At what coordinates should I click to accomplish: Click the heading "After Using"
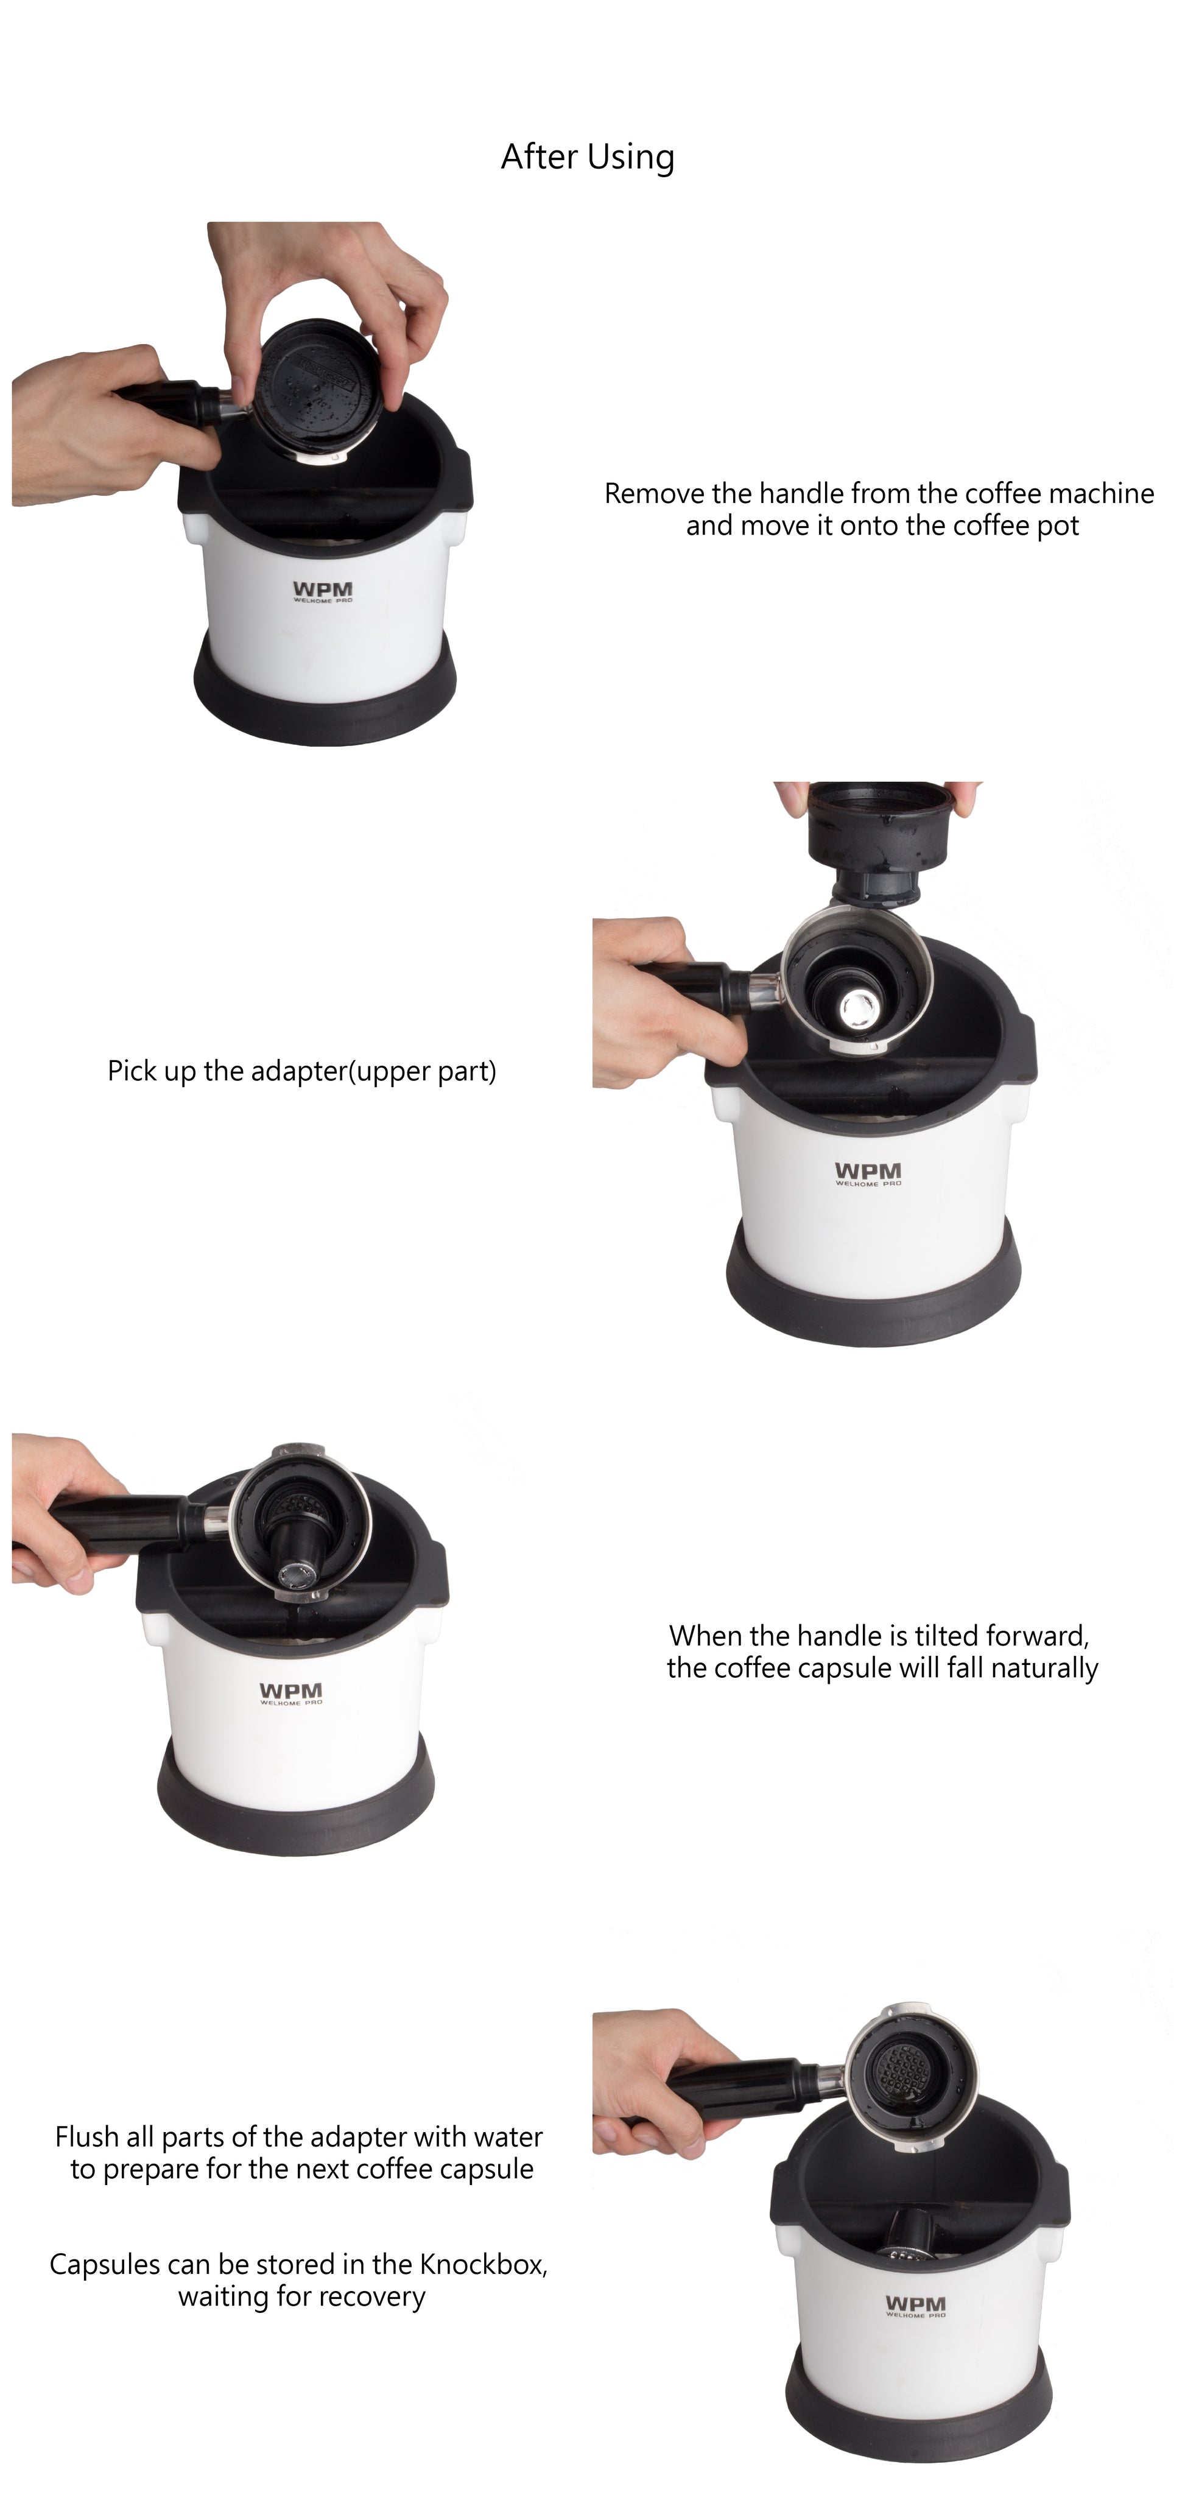click(587, 157)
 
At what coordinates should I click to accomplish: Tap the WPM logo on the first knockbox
click(323, 592)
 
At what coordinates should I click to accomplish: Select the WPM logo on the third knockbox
click(290, 1694)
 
